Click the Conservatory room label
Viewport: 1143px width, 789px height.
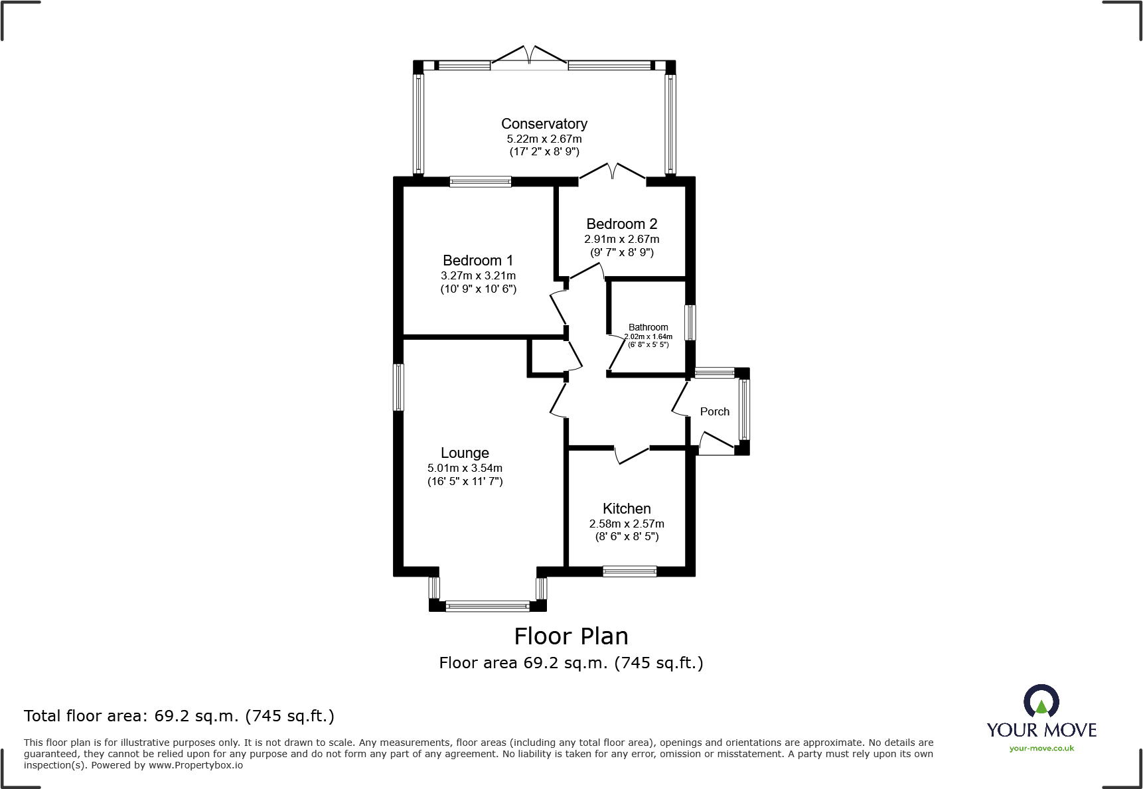[544, 124]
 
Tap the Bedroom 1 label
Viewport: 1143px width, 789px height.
[478, 261]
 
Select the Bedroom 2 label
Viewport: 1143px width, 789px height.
[622, 224]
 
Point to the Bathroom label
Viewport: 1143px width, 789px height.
[648, 327]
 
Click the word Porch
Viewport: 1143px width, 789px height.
[715, 411]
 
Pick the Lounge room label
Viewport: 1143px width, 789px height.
[465, 453]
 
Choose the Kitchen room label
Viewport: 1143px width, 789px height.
[627, 509]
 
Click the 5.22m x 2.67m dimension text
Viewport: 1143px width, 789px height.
[544, 139]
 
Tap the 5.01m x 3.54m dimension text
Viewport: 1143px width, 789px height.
[465, 468]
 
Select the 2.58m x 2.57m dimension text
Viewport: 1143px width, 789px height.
[627, 524]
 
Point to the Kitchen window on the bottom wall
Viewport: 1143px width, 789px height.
[630, 571]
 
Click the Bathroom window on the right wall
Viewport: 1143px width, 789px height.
[690, 323]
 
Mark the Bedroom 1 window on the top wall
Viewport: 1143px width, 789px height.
[481, 181]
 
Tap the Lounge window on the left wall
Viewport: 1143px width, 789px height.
[398, 387]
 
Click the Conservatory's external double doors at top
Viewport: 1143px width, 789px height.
[530, 56]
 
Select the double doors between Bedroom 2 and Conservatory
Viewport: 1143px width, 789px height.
[612, 172]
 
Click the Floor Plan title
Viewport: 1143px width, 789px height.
[571, 636]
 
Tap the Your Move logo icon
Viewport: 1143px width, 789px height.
[1041, 701]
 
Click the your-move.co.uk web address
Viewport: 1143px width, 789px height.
[1041, 749]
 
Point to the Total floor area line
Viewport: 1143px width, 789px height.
[179, 716]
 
